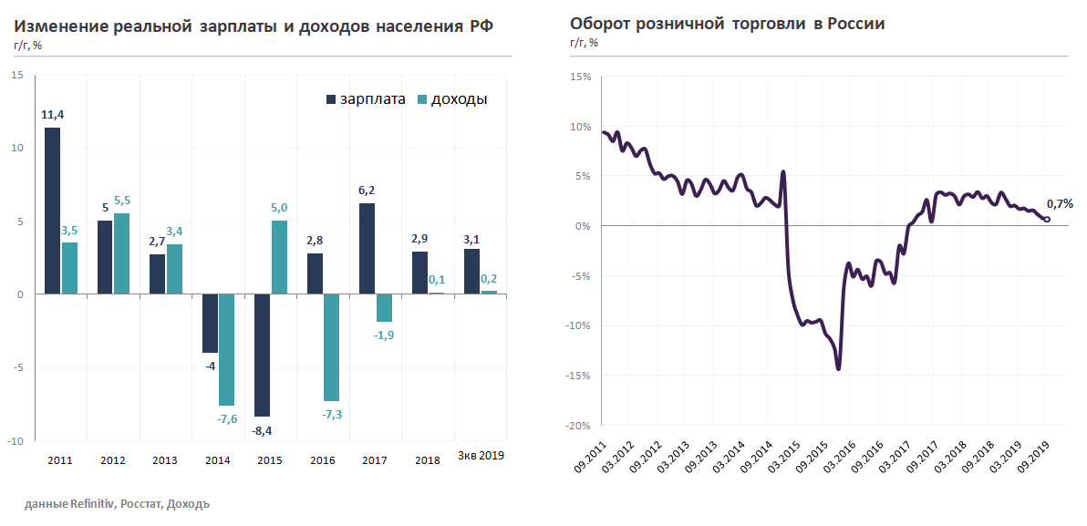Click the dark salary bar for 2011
[x=53, y=211]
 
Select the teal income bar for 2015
[x=279, y=257]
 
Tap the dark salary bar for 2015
[x=263, y=355]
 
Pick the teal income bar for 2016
[x=331, y=347]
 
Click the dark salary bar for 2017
[x=368, y=248]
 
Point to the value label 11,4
[x=53, y=115]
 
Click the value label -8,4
[x=263, y=430]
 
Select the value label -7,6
[x=227, y=418]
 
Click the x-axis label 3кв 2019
[x=481, y=455]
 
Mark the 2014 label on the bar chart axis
[x=217, y=460]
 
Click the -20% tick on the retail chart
[x=578, y=426]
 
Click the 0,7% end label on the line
[x=1060, y=204]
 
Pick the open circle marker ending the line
[x=1046, y=219]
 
